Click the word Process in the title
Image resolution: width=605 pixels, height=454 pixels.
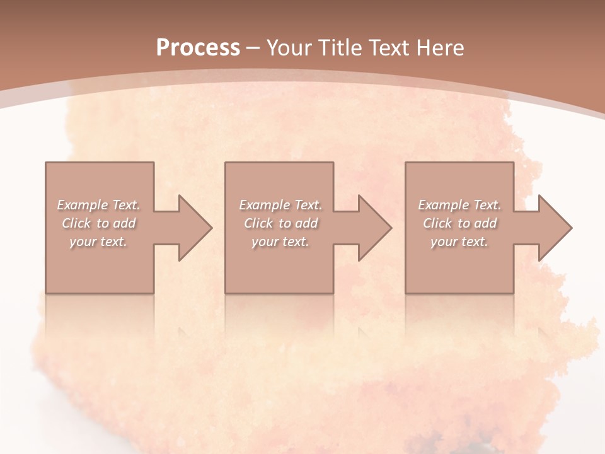(x=198, y=47)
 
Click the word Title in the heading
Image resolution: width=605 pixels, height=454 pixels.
(x=340, y=47)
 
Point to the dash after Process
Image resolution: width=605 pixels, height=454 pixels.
(x=253, y=48)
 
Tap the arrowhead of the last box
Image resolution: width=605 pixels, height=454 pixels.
(x=554, y=228)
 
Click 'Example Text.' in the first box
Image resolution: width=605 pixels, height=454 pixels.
(x=99, y=205)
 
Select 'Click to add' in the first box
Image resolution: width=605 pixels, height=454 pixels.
(x=99, y=223)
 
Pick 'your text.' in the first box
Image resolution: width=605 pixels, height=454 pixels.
(x=98, y=242)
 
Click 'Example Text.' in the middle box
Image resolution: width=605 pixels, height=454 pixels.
(x=280, y=205)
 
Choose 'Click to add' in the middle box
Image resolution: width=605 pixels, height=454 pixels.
(x=280, y=223)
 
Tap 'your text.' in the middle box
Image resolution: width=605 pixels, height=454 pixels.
(x=280, y=242)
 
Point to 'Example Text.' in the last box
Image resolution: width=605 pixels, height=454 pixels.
(x=459, y=205)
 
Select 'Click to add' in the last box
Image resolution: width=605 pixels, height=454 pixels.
(x=459, y=223)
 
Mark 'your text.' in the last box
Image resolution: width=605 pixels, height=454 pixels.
(x=459, y=242)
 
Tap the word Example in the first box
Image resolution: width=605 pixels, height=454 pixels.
(x=83, y=205)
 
